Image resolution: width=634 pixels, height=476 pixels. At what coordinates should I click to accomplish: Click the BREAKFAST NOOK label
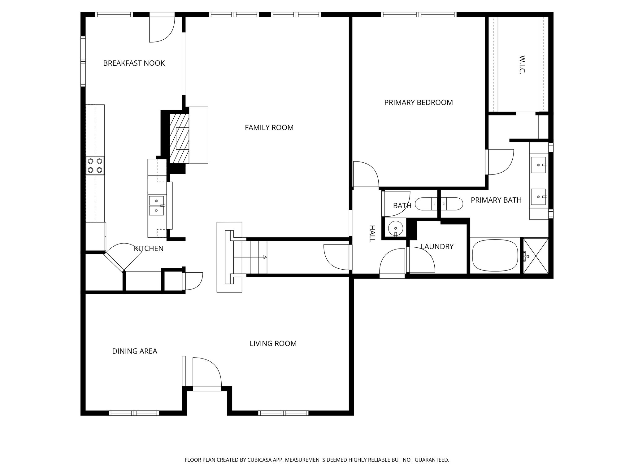(x=134, y=63)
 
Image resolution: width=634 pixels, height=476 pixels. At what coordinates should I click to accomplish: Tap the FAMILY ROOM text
(x=269, y=128)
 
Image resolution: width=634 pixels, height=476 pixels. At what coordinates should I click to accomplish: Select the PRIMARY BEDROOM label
(x=418, y=103)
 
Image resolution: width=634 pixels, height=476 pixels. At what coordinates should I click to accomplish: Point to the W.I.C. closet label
(x=522, y=65)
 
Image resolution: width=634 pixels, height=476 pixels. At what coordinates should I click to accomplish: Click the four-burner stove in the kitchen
(x=95, y=165)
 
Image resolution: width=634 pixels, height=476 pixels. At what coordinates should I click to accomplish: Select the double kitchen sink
(x=157, y=205)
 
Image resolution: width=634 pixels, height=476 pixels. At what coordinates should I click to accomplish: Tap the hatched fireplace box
(x=180, y=138)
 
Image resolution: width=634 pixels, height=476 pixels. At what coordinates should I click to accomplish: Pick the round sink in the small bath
(x=396, y=228)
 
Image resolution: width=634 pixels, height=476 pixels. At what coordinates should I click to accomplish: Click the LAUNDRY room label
(x=437, y=247)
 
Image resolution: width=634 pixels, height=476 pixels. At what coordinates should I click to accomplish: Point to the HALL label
(x=372, y=234)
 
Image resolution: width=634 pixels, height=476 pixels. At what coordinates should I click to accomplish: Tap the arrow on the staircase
(x=265, y=257)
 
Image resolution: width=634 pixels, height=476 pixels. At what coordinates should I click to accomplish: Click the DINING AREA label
(x=134, y=351)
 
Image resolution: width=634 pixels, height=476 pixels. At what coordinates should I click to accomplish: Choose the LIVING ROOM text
(x=273, y=344)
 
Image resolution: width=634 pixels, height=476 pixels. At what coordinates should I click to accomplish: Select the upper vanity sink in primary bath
(x=539, y=165)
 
